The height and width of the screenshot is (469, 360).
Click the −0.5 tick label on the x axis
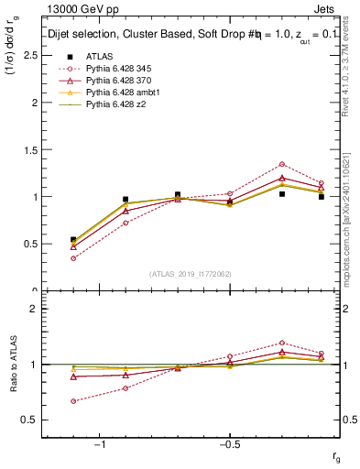(x=229, y=444)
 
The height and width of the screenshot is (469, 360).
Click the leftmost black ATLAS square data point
(x=73, y=239)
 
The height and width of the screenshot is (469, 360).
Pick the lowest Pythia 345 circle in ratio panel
(x=73, y=401)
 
